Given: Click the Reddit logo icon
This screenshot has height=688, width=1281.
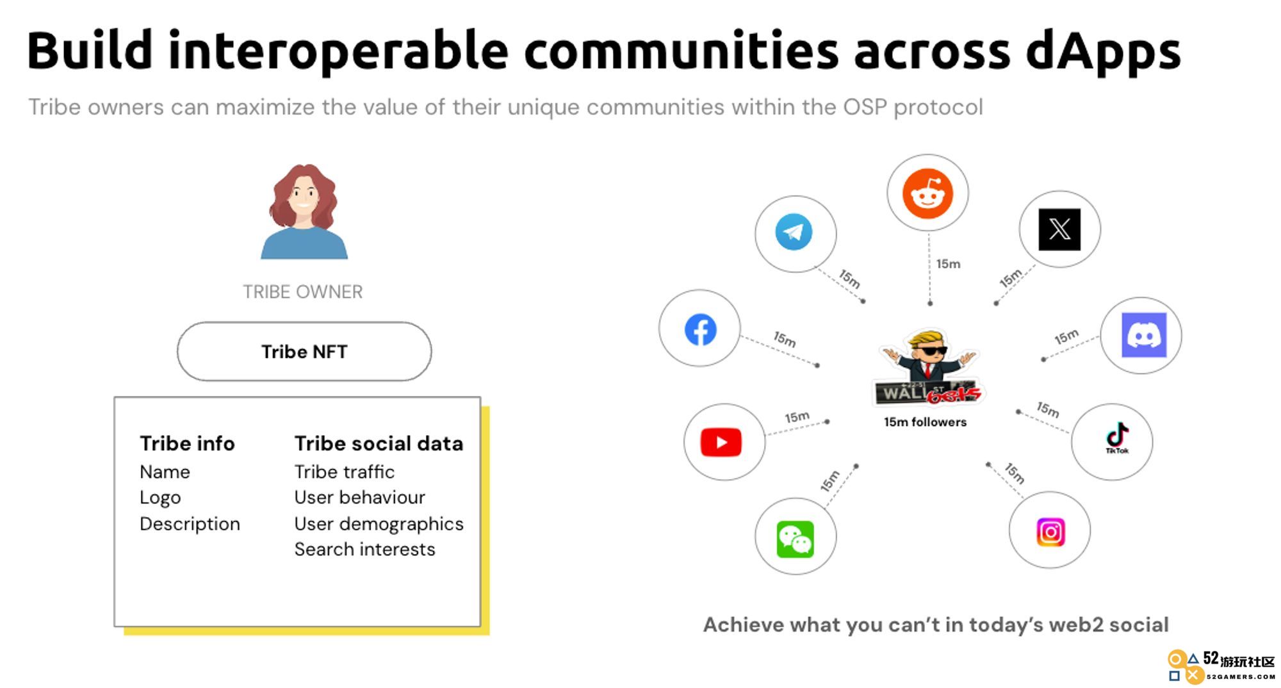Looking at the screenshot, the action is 927,193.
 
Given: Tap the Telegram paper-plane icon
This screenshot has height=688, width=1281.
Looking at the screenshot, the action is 794,232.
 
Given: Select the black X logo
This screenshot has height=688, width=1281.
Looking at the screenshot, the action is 1059,229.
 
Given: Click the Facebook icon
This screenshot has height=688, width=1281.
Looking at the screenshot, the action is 701,330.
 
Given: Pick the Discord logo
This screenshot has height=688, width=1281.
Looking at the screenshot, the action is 1144,335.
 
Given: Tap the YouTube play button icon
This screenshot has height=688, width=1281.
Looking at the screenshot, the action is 721,442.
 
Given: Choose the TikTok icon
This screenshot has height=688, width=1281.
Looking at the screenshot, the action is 1117,438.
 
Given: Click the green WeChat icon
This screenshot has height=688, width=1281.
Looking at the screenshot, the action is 796,539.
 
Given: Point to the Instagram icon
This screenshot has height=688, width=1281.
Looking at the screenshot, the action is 1050,532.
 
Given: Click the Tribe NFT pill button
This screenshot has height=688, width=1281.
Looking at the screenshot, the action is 304,352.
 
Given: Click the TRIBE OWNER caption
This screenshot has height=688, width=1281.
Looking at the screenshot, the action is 303,292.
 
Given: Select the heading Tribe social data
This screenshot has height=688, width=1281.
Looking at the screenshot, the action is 379,443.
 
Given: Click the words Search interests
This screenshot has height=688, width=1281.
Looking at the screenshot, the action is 364,550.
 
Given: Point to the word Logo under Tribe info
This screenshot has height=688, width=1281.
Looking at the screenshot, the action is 160,498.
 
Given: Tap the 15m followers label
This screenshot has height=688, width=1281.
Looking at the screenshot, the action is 926,422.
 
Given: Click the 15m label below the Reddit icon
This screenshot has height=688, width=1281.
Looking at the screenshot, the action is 949,264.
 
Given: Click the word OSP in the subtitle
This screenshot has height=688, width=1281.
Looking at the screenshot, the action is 865,107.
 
